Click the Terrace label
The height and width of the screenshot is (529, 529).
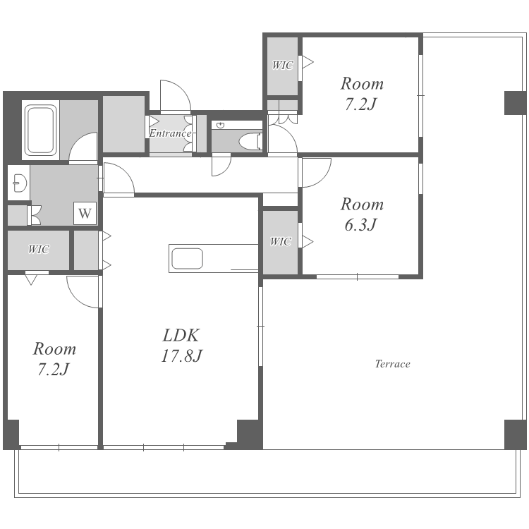[x=393, y=364]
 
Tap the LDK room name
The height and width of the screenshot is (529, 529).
[x=181, y=335]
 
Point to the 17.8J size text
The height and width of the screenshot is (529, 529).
[x=182, y=355]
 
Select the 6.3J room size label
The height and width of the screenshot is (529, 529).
[x=360, y=224]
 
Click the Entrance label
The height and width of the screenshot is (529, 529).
[x=171, y=133]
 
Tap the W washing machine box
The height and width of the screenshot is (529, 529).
[x=85, y=213]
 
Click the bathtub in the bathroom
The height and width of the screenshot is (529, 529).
[x=41, y=130]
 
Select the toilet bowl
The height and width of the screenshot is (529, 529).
[x=250, y=142]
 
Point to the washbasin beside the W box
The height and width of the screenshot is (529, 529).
[x=20, y=183]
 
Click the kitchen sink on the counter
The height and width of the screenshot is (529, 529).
[x=187, y=258]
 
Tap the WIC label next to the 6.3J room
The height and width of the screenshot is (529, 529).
[x=280, y=241]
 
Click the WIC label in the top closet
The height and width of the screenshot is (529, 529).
[x=283, y=65]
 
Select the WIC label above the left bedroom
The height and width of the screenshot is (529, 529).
[x=39, y=249]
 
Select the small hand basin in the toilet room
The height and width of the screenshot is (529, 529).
[x=221, y=126]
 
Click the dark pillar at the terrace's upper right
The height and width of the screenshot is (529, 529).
[x=515, y=102]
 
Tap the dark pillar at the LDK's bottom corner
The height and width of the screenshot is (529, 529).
[x=249, y=434]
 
